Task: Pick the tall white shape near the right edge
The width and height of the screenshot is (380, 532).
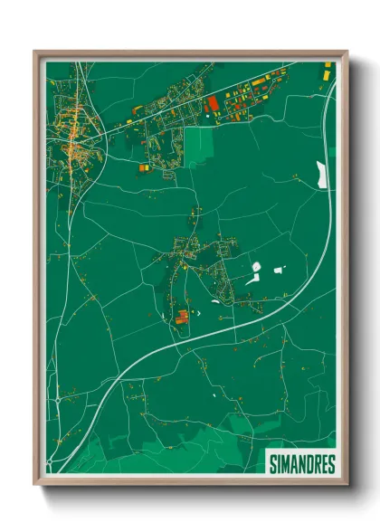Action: [x=320, y=174]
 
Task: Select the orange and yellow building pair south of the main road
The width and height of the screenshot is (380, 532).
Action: [x=144, y=166]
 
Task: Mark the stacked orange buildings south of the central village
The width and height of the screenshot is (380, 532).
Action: [x=182, y=315]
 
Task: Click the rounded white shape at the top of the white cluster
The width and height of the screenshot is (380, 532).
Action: [x=255, y=267]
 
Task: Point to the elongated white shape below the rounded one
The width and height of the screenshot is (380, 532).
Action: [x=252, y=280]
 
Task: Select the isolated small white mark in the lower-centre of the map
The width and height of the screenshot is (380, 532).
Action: [x=214, y=394]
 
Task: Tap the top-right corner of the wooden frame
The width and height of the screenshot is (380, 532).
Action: [x=346, y=52]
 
